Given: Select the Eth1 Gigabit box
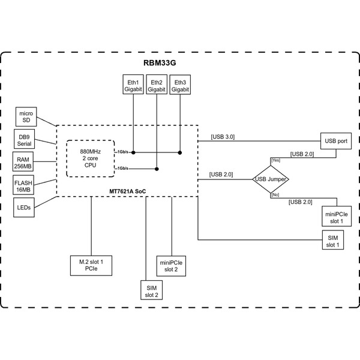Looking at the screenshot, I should [x=133, y=85].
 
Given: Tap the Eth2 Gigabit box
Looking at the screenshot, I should [x=156, y=85].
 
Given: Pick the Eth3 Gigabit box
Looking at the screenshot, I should [x=179, y=85].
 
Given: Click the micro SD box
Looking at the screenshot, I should [x=26, y=116].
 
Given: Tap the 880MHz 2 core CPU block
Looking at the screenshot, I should [x=90, y=159].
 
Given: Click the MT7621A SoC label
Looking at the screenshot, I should [x=127, y=190].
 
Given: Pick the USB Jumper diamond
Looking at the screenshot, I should [x=270, y=179].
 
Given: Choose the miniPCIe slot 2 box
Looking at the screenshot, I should [x=172, y=265].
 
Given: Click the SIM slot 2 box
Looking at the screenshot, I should [x=151, y=291].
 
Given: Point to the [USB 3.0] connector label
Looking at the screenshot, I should [x=223, y=137].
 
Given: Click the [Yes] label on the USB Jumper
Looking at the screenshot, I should [x=275, y=160].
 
